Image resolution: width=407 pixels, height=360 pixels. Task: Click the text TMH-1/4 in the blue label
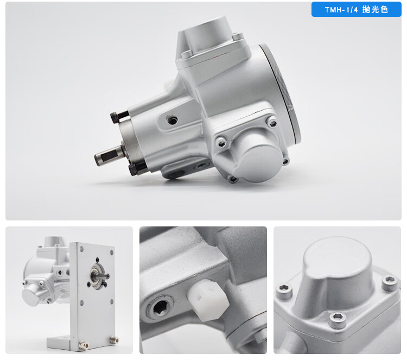tap(341, 10)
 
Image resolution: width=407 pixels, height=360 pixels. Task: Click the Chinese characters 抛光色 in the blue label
tap(375, 10)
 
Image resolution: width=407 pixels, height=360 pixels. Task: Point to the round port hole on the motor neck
tap(171, 120)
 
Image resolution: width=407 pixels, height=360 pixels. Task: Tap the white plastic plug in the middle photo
tap(208, 300)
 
